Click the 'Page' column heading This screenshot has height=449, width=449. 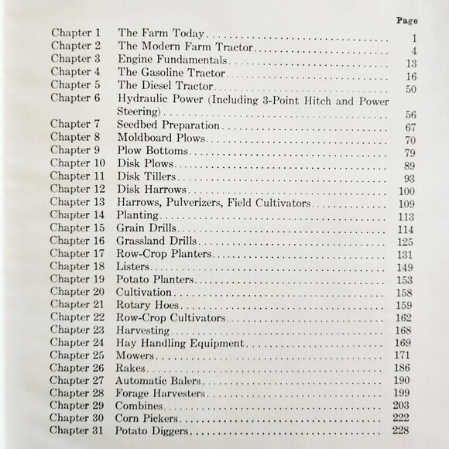[x=406, y=21]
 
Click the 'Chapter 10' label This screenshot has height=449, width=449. [x=79, y=163]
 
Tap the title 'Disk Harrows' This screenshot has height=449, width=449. [x=151, y=189]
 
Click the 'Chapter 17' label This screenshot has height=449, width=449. [x=79, y=253]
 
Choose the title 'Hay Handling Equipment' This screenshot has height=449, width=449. [x=180, y=342]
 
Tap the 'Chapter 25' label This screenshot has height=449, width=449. [x=79, y=355]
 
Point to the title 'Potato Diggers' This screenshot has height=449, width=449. [x=154, y=431]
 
